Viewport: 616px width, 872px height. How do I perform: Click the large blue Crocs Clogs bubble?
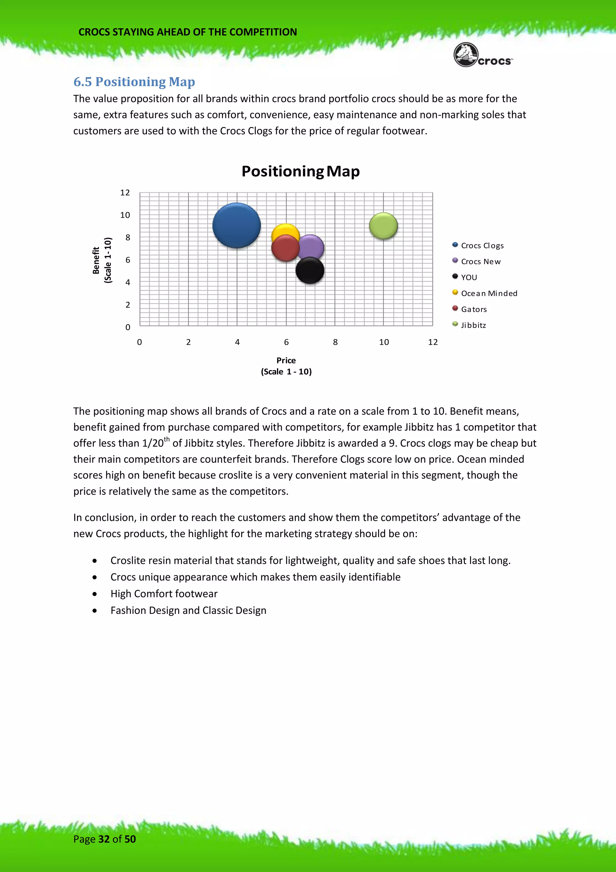coord(236,225)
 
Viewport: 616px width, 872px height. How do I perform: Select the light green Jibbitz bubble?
coord(383,226)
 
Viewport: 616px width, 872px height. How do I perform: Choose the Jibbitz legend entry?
coord(473,325)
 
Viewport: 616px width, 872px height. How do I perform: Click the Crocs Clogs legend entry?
coord(482,245)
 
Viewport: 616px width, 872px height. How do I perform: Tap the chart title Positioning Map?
coord(300,171)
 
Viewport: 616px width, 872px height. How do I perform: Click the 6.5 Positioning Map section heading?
coord(134,82)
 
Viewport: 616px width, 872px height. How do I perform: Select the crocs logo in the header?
coord(482,55)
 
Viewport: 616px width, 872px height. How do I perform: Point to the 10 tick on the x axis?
coord(383,342)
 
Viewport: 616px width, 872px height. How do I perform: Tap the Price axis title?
coord(286,360)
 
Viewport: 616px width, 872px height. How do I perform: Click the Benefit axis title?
coord(96,260)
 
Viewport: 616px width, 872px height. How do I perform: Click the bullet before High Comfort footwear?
coord(94,594)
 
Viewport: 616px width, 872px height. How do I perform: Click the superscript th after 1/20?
coord(167,439)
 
